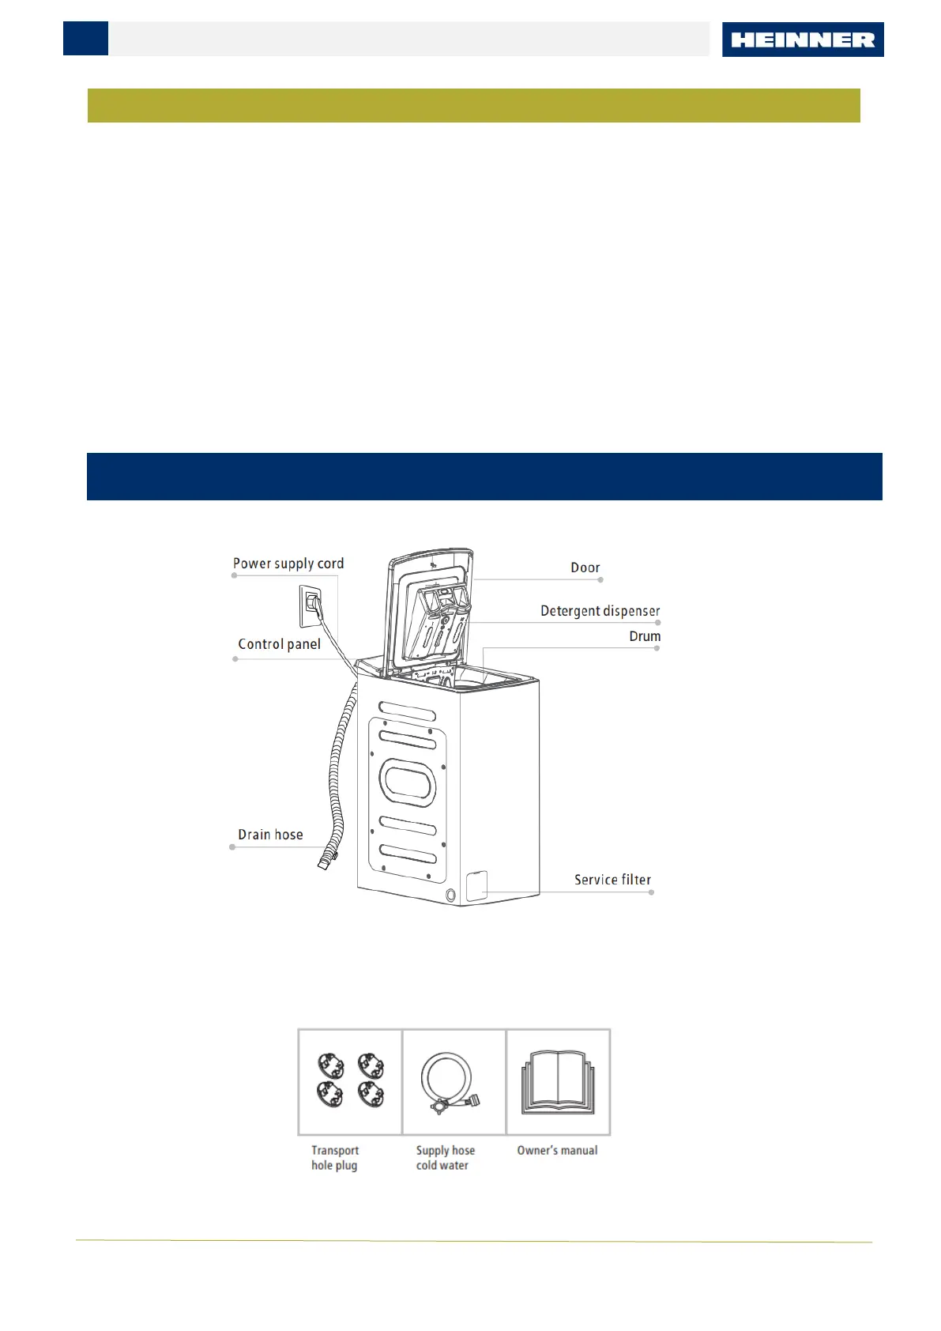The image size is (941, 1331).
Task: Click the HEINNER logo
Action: point(802,40)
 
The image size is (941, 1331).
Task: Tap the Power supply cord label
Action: point(288,564)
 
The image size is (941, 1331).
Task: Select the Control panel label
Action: point(279,644)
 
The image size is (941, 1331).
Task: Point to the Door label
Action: point(585,567)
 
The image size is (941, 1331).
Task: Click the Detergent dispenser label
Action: point(600,611)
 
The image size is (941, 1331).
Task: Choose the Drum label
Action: point(645,636)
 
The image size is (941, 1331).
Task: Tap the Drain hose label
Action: point(270,835)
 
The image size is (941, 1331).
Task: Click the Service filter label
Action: point(612,880)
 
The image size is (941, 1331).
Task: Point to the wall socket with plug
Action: point(311,605)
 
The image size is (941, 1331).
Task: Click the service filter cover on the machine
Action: point(476,886)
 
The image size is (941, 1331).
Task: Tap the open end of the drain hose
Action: point(324,863)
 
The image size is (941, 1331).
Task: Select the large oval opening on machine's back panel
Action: point(408,782)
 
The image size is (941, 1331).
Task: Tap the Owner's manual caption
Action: point(557,1151)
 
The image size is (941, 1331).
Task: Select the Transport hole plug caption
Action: point(334,1158)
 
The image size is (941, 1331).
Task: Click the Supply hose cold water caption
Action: point(445,1158)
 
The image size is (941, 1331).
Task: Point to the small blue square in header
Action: point(85,39)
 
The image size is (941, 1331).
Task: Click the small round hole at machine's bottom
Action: point(450,896)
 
